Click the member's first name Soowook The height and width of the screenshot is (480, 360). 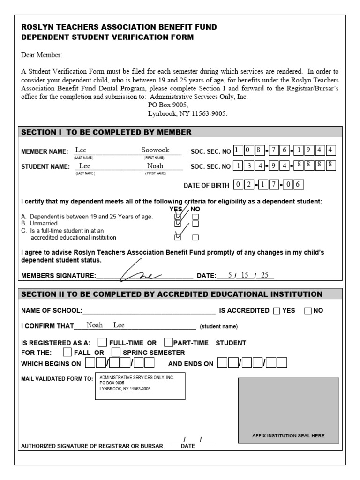click(x=155, y=150)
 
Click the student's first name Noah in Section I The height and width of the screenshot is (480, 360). click(x=155, y=166)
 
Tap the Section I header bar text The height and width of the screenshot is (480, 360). click(x=106, y=132)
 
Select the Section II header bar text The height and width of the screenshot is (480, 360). click(x=172, y=294)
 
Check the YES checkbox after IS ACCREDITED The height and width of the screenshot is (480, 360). click(x=277, y=310)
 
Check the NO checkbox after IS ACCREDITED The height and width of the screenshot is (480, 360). click(x=308, y=310)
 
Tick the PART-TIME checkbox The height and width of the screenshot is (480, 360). click(x=169, y=342)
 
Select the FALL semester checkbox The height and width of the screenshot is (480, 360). click(x=67, y=352)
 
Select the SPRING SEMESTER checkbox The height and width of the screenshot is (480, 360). click(x=116, y=352)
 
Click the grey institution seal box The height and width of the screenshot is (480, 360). click(x=288, y=411)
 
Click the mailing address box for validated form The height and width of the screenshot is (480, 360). click(x=140, y=386)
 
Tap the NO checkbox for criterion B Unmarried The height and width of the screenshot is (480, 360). click(x=195, y=224)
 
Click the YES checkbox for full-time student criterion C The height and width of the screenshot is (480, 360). click(x=178, y=237)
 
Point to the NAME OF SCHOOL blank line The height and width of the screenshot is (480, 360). click(x=149, y=311)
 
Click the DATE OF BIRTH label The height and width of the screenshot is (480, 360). click(x=206, y=185)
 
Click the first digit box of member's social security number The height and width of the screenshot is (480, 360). click(x=237, y=150)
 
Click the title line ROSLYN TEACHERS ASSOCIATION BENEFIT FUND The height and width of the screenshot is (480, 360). click(x=119, y=27)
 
